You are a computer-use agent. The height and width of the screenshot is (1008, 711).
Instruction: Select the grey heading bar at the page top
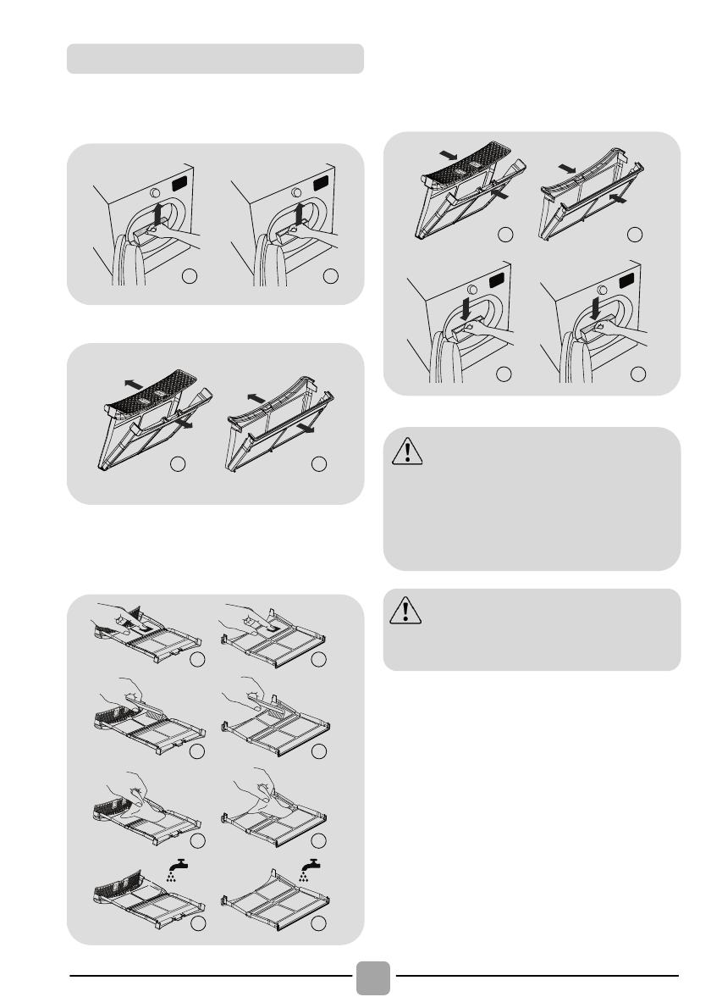tap(216, 58)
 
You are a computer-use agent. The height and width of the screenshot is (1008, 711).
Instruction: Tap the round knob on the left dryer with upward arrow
tap(157, 192)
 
